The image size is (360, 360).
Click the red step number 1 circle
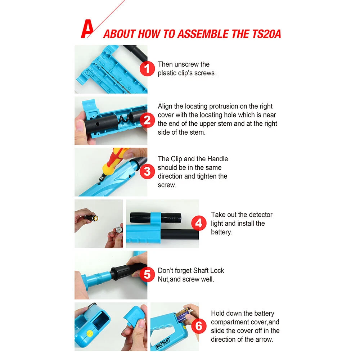pyautogui.click(x=147, y=68)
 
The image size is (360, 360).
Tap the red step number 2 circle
pyautogui.click(x=147, y=120)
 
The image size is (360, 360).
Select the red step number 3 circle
pyautogui.click(x=147, y=171)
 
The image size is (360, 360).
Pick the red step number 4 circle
pyautogui.click(x=199, y=223)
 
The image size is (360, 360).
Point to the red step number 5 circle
pyautogui.click(x=147, y=275)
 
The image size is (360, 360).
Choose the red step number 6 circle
pyautogui.click(x=199, y=326)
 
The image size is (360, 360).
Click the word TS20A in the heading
pyautogui.click(x=266, y=34)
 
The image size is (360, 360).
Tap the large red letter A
pyautogui.click(x=87, y=29)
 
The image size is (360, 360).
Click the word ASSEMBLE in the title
pyautogui.click(x=203, y=34)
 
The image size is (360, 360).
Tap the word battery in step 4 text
pyautogui.click(x=221, y=232)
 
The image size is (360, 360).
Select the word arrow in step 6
pyautogui.click(x=265, y=339)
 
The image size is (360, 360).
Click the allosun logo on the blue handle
pyautogui.click(x=163, y=343)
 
